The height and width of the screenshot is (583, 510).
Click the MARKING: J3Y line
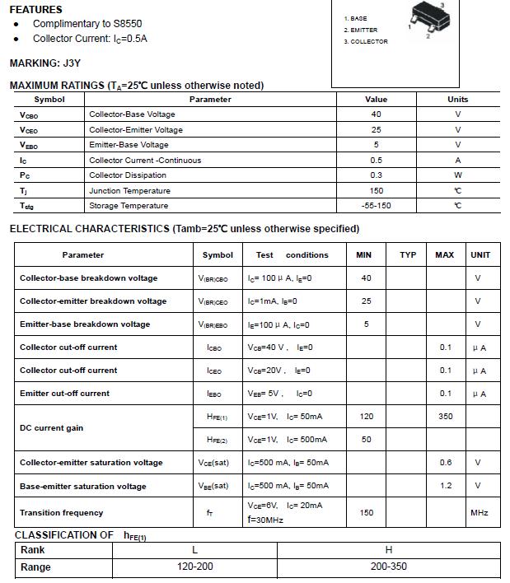pyautogui.click(x=44, y=63)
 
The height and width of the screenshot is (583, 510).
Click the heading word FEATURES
pyautogui.click(x=35, y=10)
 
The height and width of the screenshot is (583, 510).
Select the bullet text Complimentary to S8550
pyautogui.click(x=83, y=24)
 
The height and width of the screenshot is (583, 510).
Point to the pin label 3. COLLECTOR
pyautogui.click(x=366, y=41)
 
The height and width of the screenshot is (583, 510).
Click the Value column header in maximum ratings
pyautogui.click(x=376, y=100)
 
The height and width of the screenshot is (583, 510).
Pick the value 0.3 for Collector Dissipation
pyautogui.click(x=376, y=175)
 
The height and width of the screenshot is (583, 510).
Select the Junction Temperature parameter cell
pyautogui.click(x=129, y=191)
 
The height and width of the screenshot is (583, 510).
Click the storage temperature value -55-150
pyautogui.click(x=376, y=206)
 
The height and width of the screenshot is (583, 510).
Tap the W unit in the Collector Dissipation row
pyautogui.click(x=457, y=175)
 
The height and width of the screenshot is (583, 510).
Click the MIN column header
pyautogui.click(x=364, y=255)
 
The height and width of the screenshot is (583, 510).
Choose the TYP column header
pyautogui.click(x=408, y=255)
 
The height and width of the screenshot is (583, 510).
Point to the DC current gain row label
pyautogui.click(x=51, y=428)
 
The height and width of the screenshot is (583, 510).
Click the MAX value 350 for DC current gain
pyautogui.click(x=445, y=417)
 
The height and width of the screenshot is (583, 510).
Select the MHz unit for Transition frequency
pyautogui.click(x=480, y=513)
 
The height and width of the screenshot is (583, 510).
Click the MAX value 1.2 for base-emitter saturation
pyautogui.click(x=445, y=486)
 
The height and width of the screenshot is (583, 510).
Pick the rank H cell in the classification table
pyautogui.click(x=389, y=550)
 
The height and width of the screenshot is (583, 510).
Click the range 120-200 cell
pyautogui.click(x=194, y=567)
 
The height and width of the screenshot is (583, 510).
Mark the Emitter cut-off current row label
pyautogui.click(x=64, y=394)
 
